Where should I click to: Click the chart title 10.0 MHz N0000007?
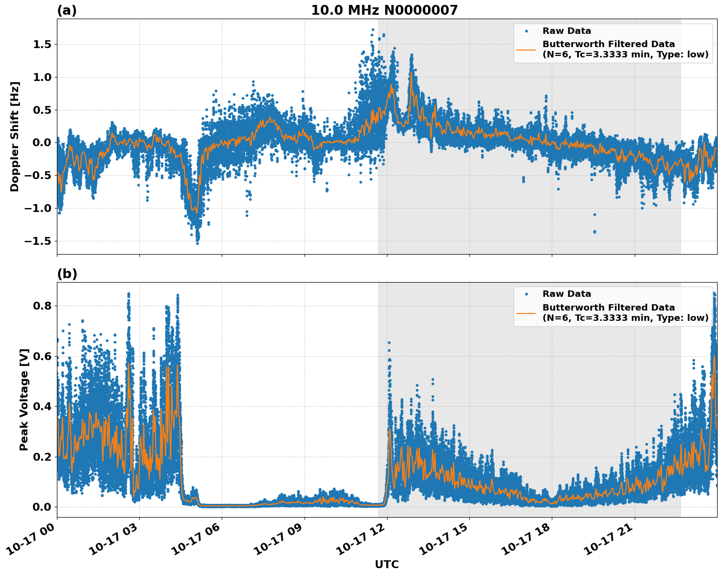coord(384,10)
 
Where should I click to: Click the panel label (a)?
coord(67,10)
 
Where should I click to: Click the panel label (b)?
coord(67,274)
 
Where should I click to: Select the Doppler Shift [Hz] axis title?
coord(15,136)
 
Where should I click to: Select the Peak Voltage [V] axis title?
coord(24,399)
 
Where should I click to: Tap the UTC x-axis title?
coord(387,564)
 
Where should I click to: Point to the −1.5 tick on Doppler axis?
coord(37,241)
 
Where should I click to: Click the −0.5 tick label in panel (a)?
coord(37,176)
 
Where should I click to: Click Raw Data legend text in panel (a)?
coord(567,31)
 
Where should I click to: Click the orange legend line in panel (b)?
coord(526,313)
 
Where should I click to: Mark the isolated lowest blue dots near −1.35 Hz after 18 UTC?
coord(594,231)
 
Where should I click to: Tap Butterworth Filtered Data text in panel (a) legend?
coord(608,44)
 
